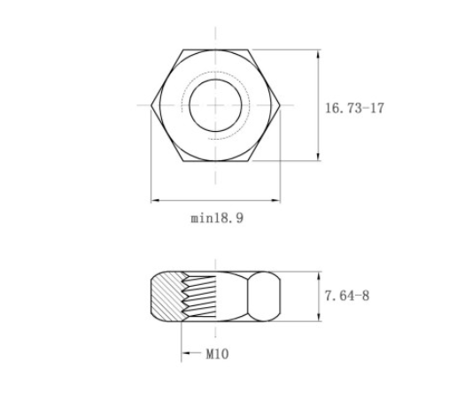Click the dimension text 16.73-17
click(x=354, y=108)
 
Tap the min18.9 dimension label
click(x=217, y=218)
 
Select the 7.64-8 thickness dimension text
click(x=347, y=296)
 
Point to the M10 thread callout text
click(x=217, y=354)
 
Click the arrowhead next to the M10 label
click(x=186, y=353)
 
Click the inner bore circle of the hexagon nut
click(x=190, y=105)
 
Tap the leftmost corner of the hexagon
click(x=151, y=105)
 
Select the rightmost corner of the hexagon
click(x=280, y=105)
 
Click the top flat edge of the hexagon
click(x=216, y=50)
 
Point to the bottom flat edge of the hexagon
click(x=216, y=161)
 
